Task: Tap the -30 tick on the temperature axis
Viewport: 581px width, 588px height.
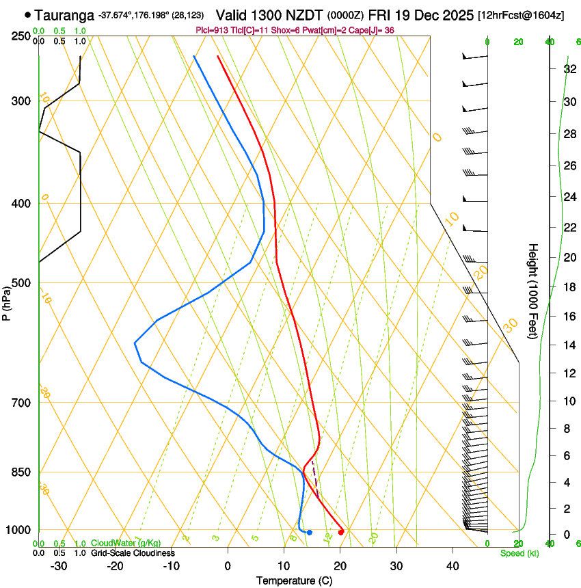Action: [59, 566]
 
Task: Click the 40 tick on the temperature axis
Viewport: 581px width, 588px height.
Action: [452, 566]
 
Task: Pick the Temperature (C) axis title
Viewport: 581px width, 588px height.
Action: [295, 580]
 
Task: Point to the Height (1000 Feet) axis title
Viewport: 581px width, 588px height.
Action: [534, 291]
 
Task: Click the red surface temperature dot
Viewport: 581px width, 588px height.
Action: [341, 532]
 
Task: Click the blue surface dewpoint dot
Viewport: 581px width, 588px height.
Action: [310, 532]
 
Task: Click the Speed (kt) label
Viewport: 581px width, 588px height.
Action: [519, 553]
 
